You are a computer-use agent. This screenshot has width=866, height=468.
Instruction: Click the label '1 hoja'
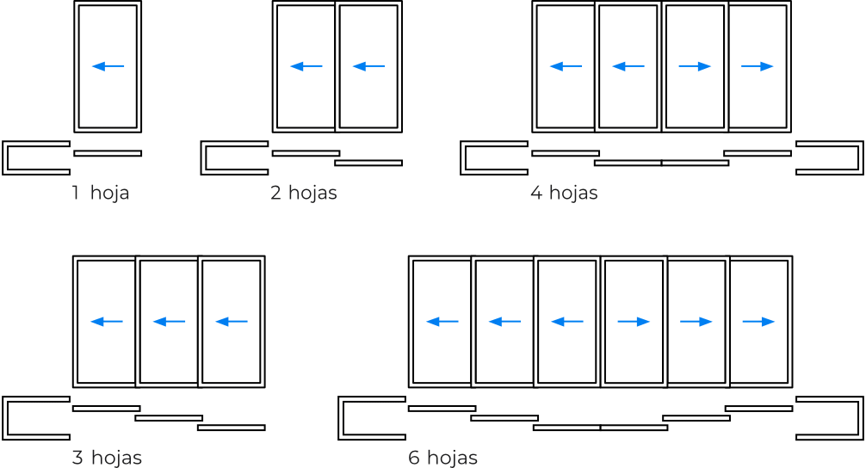(100, 193)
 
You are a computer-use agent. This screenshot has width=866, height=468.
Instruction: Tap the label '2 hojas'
(303, 193)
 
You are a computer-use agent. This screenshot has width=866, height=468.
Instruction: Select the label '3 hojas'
(107, 458)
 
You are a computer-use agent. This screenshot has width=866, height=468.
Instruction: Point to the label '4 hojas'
(564, 193)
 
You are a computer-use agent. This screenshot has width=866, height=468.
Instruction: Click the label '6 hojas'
(442, 458)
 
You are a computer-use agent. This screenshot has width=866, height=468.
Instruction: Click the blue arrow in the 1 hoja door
(108, 66)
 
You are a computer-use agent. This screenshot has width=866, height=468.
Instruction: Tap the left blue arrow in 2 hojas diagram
(306, 66)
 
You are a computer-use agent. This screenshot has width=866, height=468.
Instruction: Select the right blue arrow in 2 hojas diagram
(368, 66)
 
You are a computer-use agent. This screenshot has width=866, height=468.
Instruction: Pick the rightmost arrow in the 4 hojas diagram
(758, 66)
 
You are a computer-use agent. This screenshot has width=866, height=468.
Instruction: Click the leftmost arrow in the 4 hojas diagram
(566, 66)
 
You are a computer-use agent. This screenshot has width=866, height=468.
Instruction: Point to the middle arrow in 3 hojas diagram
(169, 322)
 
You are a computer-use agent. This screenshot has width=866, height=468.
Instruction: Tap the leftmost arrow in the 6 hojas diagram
(442, 322)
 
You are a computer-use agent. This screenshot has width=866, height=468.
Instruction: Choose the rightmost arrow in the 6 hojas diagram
(759, 322)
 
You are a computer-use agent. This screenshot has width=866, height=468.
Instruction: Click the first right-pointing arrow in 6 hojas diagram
(634, 322)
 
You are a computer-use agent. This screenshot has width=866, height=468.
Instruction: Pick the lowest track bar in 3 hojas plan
(231, 428)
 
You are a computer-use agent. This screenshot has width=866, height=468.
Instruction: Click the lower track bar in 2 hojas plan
(368, 163)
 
